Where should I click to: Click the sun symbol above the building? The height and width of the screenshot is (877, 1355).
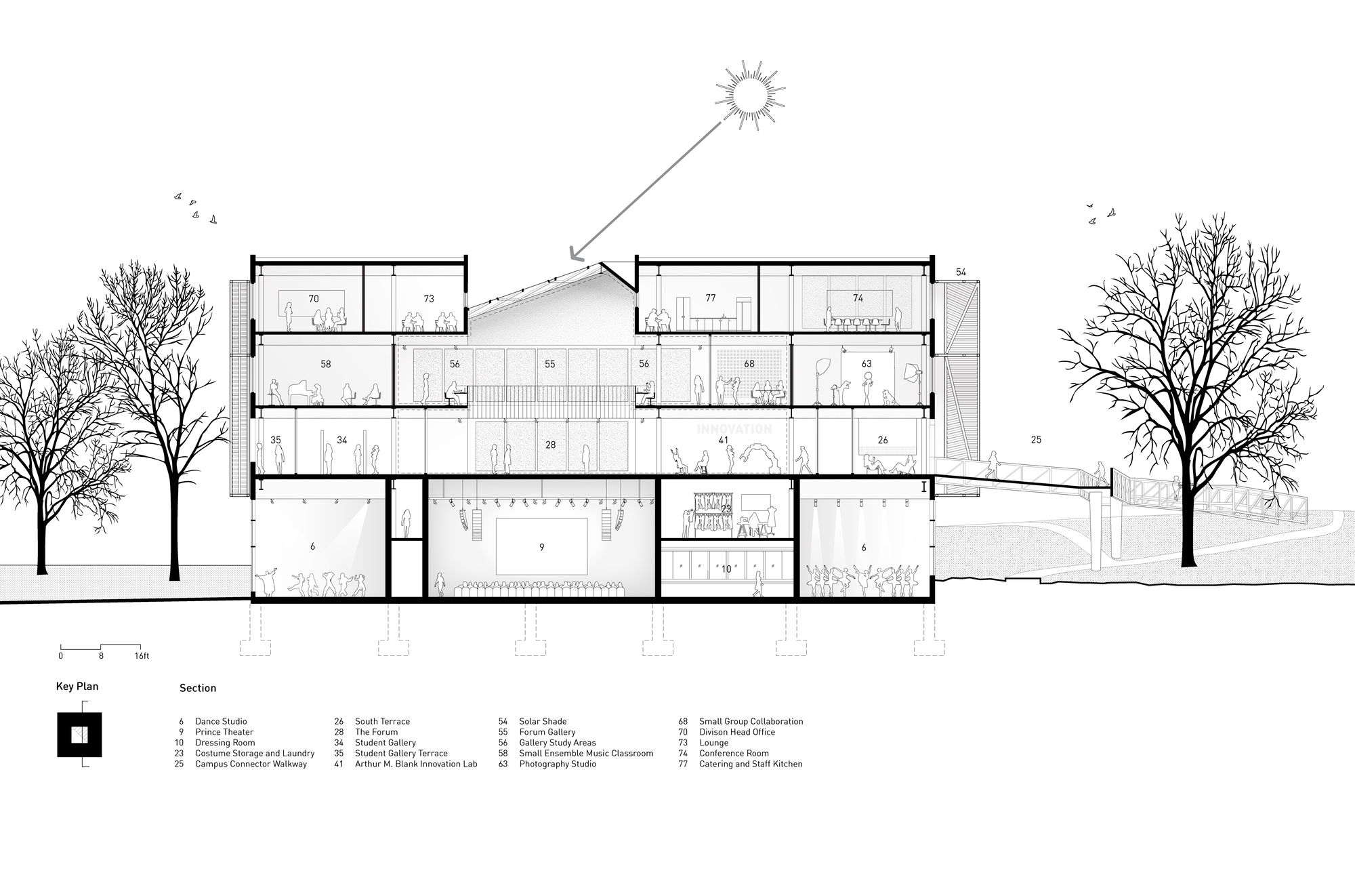tap(750, 94)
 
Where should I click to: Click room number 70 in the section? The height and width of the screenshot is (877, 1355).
tap(313, 298)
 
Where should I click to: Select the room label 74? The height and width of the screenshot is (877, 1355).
tap(858, 298)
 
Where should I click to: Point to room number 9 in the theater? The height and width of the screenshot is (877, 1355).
tap(541, 547)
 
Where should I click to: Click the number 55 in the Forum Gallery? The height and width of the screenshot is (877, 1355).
tap(549, 365)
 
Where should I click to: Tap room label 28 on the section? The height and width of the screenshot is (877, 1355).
tap(549, 445)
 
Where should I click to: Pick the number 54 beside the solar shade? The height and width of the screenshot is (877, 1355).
tap(961, 272)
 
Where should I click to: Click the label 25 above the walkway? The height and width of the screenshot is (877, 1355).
tap(1036, 440)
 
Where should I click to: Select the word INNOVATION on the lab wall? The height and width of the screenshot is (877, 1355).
tap(734, 429)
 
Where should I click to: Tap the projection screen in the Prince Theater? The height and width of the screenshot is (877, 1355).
tap(541, 546)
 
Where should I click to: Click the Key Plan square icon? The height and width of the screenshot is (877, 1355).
tap(79, 735)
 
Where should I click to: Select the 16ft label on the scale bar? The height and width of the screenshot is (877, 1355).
tap(142, 656)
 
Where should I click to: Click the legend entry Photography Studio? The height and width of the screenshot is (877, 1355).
tap(558, 764)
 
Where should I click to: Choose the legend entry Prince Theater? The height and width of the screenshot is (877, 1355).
tap(224, 732)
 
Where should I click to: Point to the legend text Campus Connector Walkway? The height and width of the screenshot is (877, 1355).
tap(251, 764)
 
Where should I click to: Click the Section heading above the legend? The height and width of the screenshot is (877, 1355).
tap(198, 688)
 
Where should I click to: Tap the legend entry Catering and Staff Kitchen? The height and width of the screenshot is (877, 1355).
tap(751, 764)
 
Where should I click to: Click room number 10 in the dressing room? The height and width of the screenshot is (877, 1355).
tap(726, 569)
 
